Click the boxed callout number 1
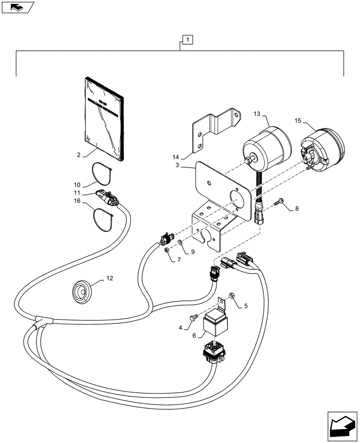(188, 40)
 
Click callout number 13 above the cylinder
(257, 114)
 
